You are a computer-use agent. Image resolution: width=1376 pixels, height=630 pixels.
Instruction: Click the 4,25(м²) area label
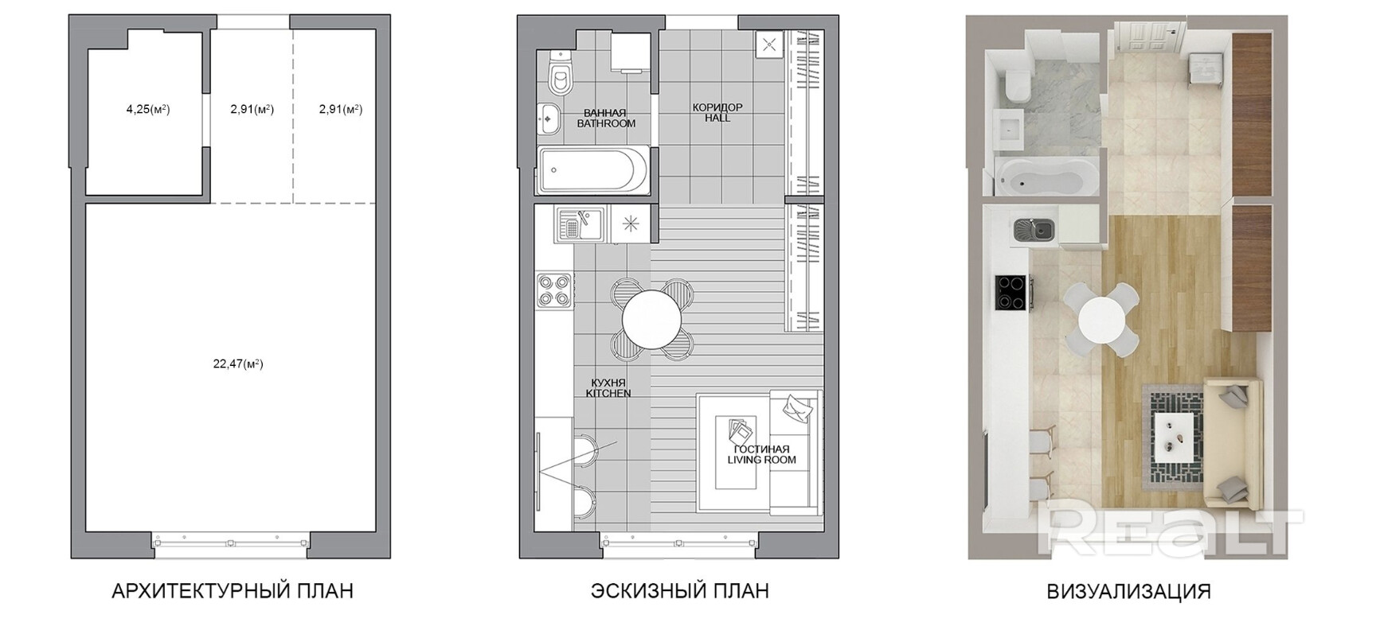coord(148,110)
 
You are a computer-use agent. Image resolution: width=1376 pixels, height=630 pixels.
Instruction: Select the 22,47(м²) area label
coord(238,364)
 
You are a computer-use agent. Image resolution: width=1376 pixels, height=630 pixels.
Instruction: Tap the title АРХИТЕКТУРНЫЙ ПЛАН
coord(233,591)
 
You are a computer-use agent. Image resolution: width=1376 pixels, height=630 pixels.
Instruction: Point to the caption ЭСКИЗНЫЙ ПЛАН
coord(679,591)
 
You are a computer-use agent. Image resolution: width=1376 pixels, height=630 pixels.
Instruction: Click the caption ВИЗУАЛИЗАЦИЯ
coord(1128,591)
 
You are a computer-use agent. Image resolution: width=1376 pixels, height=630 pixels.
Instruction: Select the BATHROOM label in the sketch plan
coord(606,124)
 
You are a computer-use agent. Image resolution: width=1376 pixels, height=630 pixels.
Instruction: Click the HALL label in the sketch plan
coord(717,119)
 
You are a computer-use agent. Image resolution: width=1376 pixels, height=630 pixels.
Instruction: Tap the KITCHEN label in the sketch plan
coord(608,394)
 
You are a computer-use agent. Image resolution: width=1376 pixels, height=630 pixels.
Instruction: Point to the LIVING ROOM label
coord(761,460)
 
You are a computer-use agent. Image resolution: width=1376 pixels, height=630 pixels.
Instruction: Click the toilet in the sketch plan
coord(560,73)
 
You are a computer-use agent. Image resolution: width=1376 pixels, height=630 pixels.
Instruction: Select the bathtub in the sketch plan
coord(593,169)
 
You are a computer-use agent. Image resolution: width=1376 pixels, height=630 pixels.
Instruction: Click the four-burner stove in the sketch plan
coord(554,290)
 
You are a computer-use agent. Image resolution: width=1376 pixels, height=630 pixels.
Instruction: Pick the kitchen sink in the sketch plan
coord(580,224)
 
